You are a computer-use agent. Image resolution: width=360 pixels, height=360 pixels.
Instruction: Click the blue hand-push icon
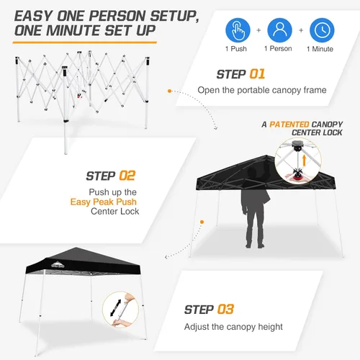[238, 30]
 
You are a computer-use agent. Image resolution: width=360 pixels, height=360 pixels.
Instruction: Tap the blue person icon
[280, 30]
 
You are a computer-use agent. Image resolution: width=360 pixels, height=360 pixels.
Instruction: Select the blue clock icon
[322, 30]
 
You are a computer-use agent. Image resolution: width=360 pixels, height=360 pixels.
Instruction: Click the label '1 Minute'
[320, 49]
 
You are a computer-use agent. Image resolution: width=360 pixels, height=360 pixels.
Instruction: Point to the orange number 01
[257, 74]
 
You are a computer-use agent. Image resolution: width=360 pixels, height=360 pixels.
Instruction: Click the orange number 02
[127, 176]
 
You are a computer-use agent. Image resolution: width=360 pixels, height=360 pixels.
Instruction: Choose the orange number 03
[225, 309]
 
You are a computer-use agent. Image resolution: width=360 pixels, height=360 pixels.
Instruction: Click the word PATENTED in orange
[289, 125]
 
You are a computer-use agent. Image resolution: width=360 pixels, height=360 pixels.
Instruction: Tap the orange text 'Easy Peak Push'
[104, 202]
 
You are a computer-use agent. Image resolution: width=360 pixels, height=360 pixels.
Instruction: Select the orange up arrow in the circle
[304, 161]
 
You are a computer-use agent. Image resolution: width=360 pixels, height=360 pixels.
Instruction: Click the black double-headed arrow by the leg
[115, 308]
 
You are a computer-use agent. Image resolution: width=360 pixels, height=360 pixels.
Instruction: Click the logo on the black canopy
[58, 265]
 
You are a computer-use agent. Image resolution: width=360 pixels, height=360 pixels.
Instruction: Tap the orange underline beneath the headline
[85, 42]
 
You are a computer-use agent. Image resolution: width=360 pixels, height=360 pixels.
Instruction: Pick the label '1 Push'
[236, 49]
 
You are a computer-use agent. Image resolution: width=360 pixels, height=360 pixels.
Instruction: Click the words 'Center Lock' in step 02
[114, 212]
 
